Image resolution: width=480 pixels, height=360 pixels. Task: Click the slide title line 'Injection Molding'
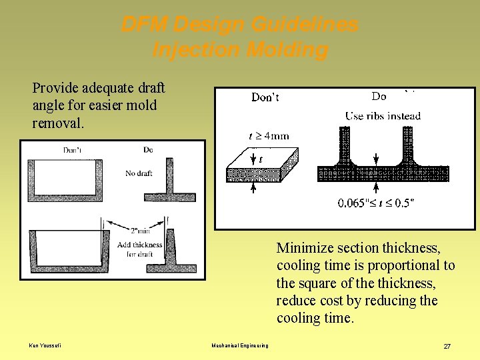[240, 50]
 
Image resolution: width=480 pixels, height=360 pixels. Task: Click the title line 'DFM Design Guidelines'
[240, 25]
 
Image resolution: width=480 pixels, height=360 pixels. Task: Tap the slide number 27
[447, 346]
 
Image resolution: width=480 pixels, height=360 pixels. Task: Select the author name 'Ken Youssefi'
[45, 345]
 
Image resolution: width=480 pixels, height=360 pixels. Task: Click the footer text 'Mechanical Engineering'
[240, 345]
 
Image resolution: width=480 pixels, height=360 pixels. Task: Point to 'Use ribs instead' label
[383, 116]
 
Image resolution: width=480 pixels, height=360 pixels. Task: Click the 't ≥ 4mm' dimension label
[269, 136]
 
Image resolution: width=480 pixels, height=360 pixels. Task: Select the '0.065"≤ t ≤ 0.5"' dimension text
[375, 203]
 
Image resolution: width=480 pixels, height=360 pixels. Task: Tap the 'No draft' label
[139, 173]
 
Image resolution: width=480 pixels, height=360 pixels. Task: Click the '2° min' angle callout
[140, 231]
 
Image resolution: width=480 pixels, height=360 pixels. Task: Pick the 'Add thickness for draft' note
[139, 249]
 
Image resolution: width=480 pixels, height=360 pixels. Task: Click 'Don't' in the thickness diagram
[265, 98]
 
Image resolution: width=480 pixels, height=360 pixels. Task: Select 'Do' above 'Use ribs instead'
[379, 97]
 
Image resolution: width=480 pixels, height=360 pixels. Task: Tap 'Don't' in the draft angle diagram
[72, 150]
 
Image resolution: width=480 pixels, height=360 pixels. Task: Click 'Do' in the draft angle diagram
[148, 150]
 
